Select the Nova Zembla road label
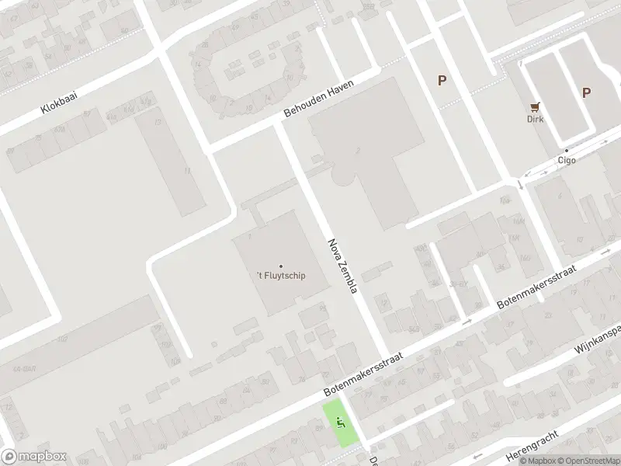coord(342,266)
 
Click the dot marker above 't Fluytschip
coord(281,266)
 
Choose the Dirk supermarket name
coord(535,119)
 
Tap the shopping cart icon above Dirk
coord(535,106)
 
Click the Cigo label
coord(567,161)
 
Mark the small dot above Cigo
coord(567,151)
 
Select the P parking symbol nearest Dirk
coord(587,92)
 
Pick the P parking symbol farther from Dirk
coord(442,80)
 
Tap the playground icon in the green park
coord(340,423)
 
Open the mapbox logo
coord(34,457)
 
